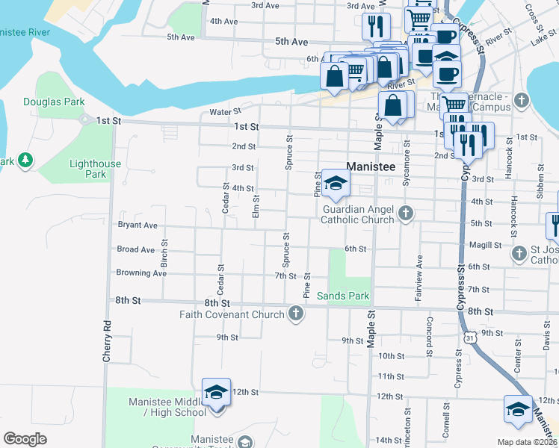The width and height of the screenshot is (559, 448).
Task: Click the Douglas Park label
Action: click(x=54, y=102)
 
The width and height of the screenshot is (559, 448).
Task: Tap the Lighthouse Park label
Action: click(x=95, y=169)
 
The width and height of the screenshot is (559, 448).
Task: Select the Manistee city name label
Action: click(x=370, y=167)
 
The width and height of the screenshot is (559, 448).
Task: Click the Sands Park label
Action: click(x=343, y=296)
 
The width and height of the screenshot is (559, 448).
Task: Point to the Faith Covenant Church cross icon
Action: click(x=297, y=314)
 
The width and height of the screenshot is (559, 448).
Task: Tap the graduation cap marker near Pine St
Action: click(x=336, y=184)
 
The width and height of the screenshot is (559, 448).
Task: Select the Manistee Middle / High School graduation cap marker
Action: click(x=217, y=393)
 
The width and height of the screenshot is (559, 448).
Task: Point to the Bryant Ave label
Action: click(x=138, y=225)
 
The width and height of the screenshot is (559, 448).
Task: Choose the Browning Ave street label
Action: click(x=141, y=273)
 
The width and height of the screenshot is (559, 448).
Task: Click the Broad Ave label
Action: click(x=136, y=249)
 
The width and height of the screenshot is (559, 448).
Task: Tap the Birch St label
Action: click(x=164, y=254)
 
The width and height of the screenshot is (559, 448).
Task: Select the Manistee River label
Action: click(x=25, y=32)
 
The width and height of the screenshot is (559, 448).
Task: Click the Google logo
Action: click(x=25, y=438)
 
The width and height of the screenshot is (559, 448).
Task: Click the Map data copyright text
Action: click(x=528, y=442)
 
